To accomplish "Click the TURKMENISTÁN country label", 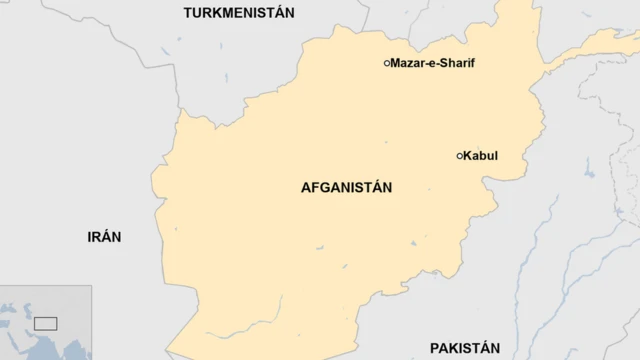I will click(239, 13).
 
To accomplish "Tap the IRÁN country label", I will click(104, 237).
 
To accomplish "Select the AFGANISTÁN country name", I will click(346, 187).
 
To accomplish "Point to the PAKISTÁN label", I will click(464, 348).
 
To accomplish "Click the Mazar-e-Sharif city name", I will click(432, 63).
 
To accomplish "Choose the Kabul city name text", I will click(481, 156).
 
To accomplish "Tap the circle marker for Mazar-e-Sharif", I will click(387, 63).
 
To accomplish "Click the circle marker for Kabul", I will click(460, 156).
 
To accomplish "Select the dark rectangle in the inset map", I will click(46, 323).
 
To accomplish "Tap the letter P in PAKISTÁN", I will click(435, 348).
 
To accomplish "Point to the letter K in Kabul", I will click(468, 156).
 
